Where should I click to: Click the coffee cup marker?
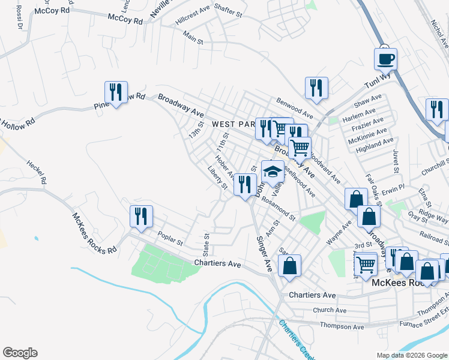point(385,59)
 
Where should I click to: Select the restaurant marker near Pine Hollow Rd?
point(115,92)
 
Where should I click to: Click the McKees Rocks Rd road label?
point(94,233)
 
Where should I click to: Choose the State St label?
point(206,243)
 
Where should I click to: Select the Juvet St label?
point(396,160)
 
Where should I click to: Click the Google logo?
point(20,353)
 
